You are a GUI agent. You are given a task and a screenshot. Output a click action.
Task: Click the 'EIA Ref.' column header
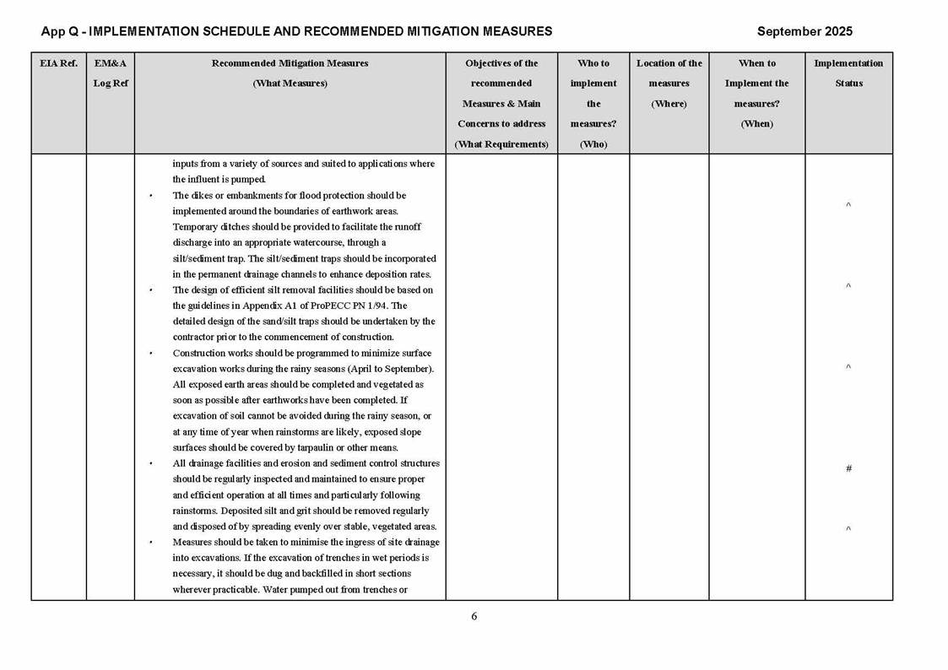[x=58, y=63]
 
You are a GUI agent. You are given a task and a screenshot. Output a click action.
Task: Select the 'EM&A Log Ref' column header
[x=110, y=73]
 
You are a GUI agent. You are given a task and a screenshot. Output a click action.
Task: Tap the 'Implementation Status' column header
[x=848, y=73]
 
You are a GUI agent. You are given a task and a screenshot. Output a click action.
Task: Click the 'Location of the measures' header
[x=669, y=84]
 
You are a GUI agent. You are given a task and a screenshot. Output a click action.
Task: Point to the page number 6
[x=474, y=617]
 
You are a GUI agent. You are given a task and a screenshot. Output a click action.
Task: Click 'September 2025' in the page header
[x=804, y=31]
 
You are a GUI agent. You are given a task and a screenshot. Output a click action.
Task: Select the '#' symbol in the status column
[x=848, y=468]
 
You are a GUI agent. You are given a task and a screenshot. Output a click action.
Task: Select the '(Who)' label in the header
[x=593, y=144]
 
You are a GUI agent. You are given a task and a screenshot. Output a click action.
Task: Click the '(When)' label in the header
[x=756, y=124]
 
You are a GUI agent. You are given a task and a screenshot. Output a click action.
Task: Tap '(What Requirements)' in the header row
[x=501, y=144]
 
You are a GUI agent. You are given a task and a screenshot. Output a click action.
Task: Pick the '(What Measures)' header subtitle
[x=290, y=84]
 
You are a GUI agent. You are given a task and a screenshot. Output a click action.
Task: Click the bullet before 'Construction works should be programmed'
[x=151, y=354]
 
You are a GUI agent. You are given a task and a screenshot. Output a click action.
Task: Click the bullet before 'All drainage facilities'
[x=151, y=463]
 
